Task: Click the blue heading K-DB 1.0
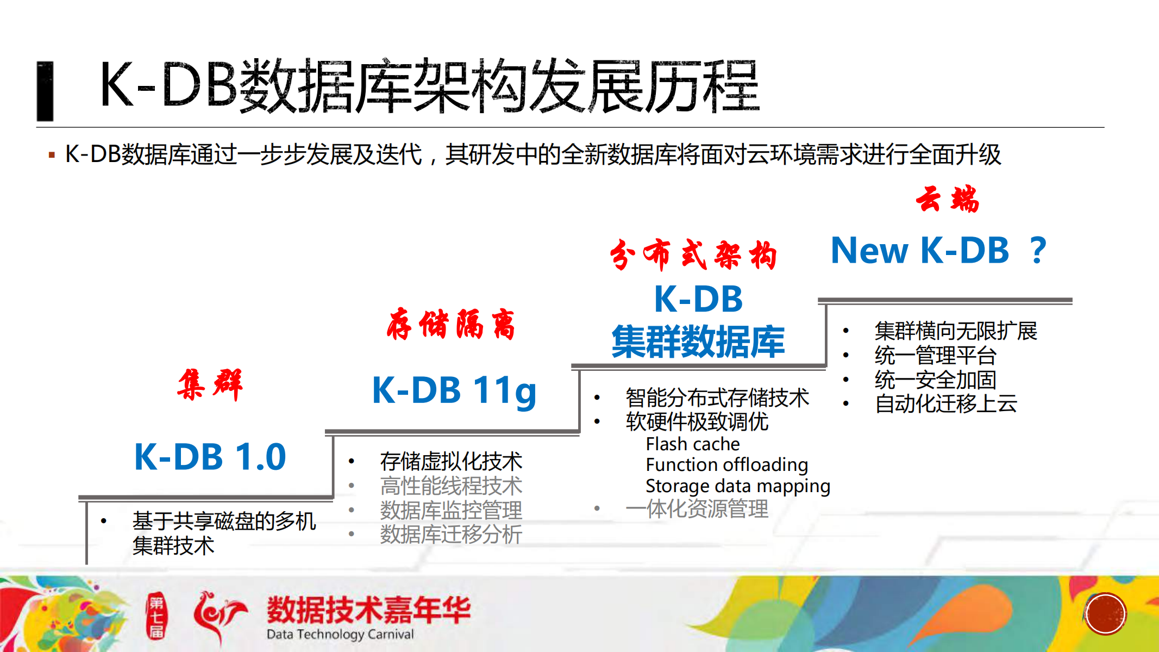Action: pyautogui.click(x=210, y=457)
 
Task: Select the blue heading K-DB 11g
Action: pyautogui.click(x=454, y=390)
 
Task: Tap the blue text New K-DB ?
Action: pyautogui.click(x=938, y=251)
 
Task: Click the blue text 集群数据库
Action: pyautogui.click(x=698, y=341)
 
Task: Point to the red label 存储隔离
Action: pyautogui.click(x=450, y=324)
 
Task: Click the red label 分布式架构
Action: pyautogui.click(x=693, y=254)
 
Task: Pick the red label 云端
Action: pyautogui.click(x=947, y=199)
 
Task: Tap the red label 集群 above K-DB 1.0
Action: pyautogui.click(x=210, y=384)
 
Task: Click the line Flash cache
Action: pyautogui.click(x=693, y=444)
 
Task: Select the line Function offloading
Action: pyautogui.click(x=726, y=465)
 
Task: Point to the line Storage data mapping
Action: pyautogui.click(x=737, y=486)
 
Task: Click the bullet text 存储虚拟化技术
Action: pyautogui.click(x=451, y=462)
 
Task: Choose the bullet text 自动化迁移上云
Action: pyautogui.click(x=946, y=404)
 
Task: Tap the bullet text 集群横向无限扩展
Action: pyautogui.click(x=956, y=331)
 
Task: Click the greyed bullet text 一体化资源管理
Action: pyautogui.click(x=697, y=509)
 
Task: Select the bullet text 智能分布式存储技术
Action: pyautogui.click(x=717, y=398)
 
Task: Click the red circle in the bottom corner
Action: pyautogui.click(x=1105, y=614)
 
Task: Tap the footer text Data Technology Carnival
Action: pyautogui.click(x=340, y=634)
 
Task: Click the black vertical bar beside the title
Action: pyautogui.click(x=45, y=91)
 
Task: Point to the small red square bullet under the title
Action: pyautogui.click(x=52, y=156)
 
